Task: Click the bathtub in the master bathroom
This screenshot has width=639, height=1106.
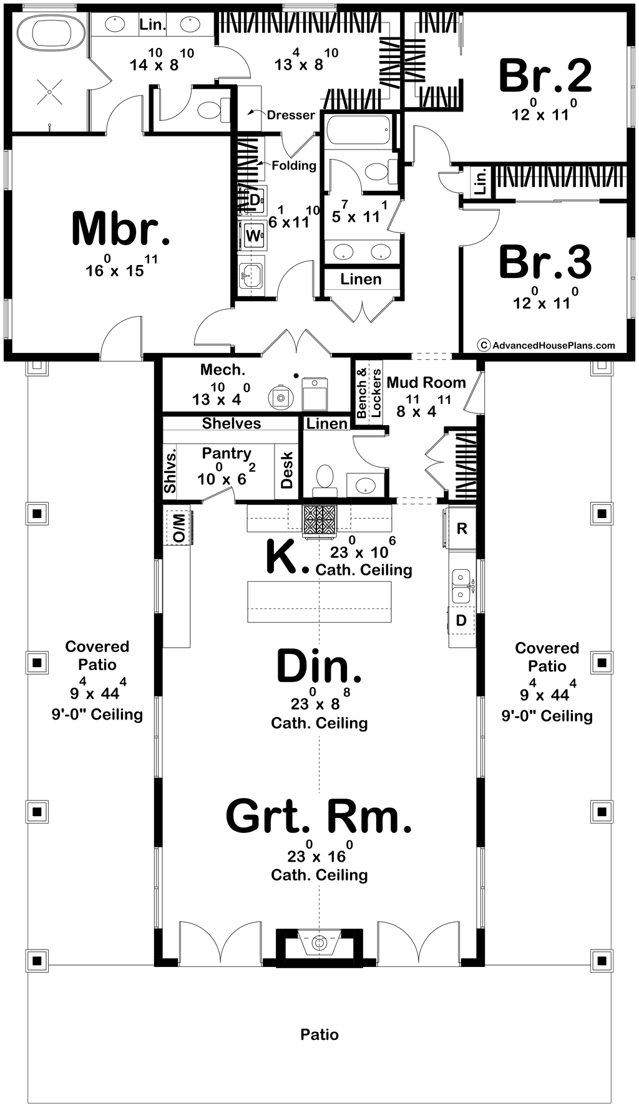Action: coord(50,32)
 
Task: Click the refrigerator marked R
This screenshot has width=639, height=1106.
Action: coord(462,529)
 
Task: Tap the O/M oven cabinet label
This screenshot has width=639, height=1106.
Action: coord(179,528)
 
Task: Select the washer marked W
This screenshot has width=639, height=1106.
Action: coord(253,236)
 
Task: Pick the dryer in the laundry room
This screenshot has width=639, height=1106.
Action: coord(255,200)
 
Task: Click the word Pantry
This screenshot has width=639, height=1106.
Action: coord(227,453)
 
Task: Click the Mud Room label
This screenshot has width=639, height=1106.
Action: coord(426,382)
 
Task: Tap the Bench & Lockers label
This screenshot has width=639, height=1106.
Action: coord(369,393)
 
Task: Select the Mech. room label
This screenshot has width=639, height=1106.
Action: coord(223,370)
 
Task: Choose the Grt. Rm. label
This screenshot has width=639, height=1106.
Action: coord(319,817)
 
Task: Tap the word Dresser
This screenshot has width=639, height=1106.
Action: coord(291,115)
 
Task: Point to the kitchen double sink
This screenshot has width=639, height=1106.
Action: coord(461,586)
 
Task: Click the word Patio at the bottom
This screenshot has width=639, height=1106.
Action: coord(319,1034)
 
